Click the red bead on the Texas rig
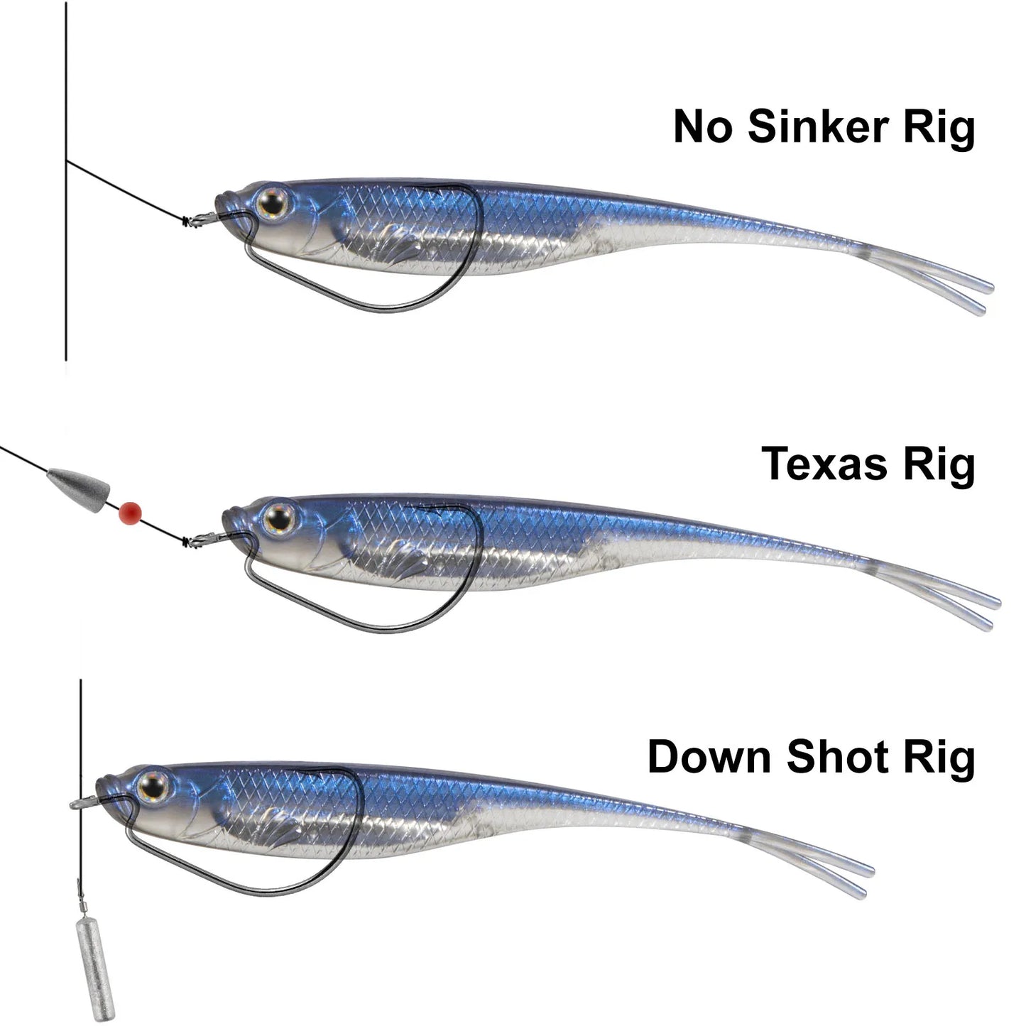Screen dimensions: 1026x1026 tap(131, 511)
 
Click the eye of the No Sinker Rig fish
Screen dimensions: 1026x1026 tap(271, 204)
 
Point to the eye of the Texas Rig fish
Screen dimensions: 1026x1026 tap(279, 518)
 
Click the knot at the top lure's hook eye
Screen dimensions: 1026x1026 tap(188, 221)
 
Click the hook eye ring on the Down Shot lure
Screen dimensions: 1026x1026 tap(77, 804)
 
